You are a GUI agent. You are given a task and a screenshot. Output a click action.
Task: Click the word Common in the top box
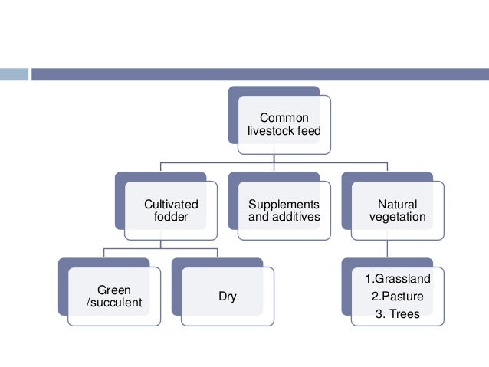284,118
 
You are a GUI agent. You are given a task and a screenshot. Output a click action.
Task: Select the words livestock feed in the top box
284,131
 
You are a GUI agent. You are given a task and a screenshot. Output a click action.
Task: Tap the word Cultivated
171,205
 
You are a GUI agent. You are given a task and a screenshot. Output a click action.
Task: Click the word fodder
171,217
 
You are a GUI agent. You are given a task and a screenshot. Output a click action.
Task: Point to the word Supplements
284,205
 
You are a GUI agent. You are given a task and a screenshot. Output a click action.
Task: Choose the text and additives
284,217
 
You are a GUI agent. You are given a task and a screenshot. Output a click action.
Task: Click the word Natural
398,205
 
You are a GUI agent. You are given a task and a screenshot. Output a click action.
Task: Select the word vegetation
398,217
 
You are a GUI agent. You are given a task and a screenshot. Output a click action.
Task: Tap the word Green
113,290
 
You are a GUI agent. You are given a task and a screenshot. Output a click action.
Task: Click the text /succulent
113,303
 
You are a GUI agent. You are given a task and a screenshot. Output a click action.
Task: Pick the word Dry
228,297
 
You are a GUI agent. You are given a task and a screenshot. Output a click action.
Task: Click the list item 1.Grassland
398,278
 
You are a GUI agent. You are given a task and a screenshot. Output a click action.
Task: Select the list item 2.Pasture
398,296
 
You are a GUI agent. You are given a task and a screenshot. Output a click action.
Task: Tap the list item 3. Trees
398,313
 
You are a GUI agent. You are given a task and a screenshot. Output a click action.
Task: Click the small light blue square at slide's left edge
14,74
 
